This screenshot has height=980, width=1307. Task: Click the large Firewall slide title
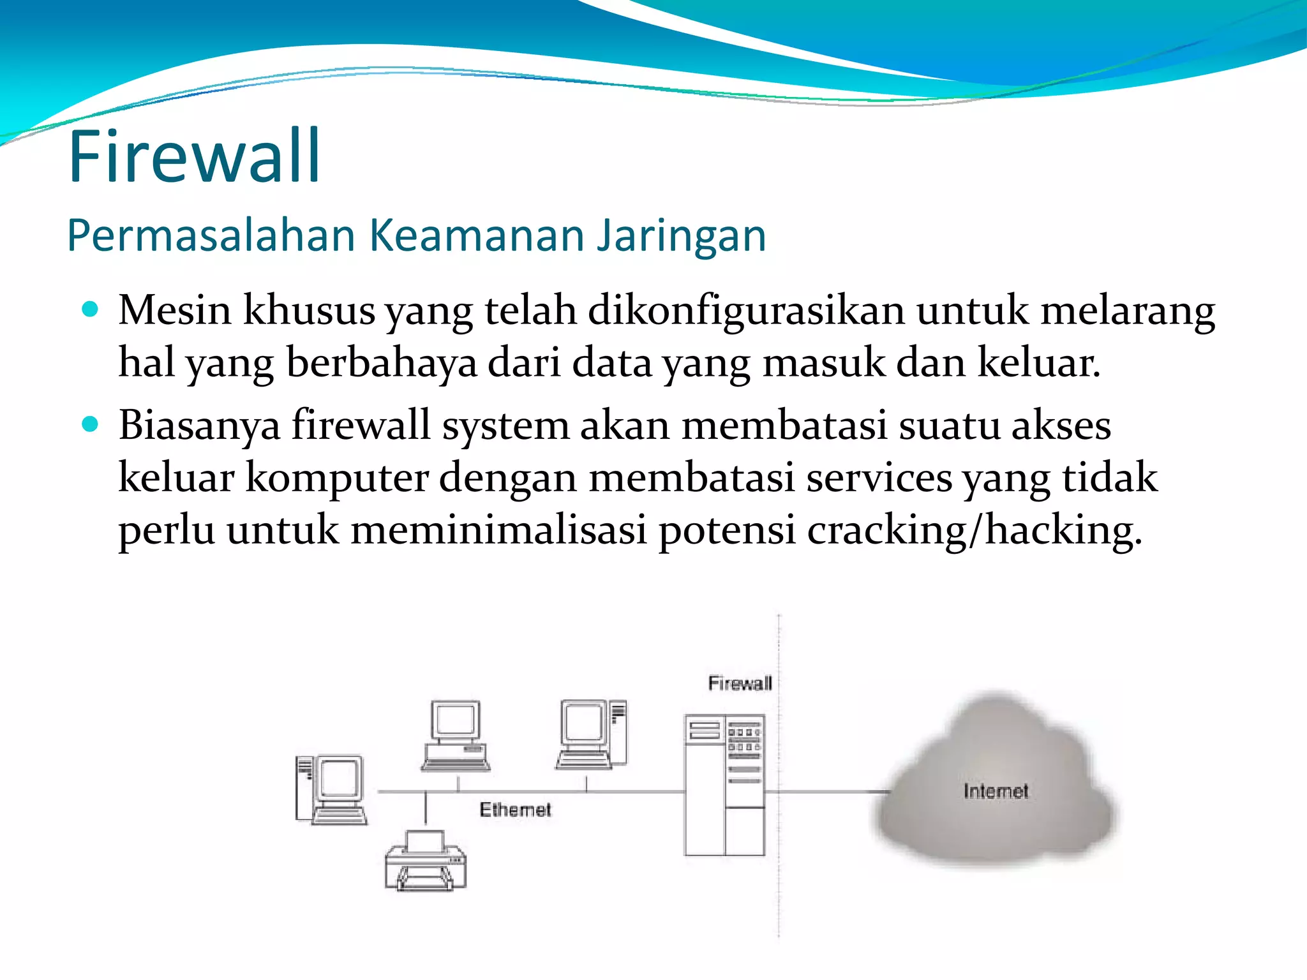pyautogui.click(x=195, y=156)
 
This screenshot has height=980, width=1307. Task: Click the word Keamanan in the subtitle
pyautogui.click(x=477, y=235)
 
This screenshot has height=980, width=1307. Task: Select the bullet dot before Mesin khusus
pyautogui.click(x=91, y=310)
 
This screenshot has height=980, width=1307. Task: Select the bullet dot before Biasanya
pyautogui.click(x=91, y=424)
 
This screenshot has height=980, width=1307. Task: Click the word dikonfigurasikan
pyautogui.click(x=745, y=311)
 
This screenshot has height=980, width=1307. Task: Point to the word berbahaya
pyautogui.click(x=381, y=363)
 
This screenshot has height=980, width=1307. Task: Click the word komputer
pyautogui.click(x=336, y=479)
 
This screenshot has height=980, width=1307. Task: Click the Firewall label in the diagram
pyautogui.click(x=740, y=684)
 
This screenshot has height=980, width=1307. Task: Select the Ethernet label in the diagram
pyautogui.click(x=514, y=810)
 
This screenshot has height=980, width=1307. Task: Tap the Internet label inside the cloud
pyautogui.click(x=996, y=791)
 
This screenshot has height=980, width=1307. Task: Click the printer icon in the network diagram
pyautogui.click(x=426, y=861)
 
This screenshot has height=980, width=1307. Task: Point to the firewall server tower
pyautogui.click(x=724, y=785)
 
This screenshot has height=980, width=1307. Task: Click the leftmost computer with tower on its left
pyautogui.click(x=331, y=790)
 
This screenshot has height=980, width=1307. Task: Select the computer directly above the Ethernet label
pyautogui.click(x=456, y=736)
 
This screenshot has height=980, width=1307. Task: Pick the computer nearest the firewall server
pyautogui.click(x=592, y=734)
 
